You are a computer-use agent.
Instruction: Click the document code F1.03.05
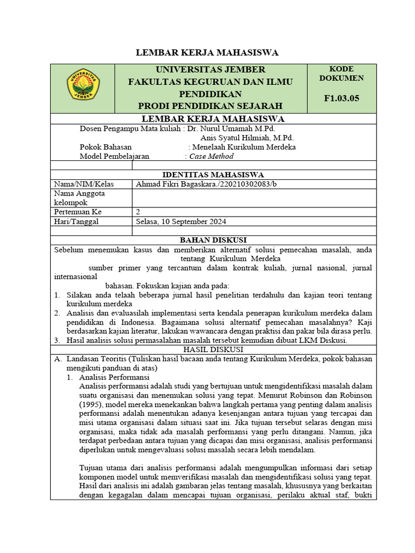[341, 98]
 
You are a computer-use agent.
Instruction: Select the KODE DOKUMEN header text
[341, 73]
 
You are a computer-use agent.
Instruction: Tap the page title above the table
[207, 52]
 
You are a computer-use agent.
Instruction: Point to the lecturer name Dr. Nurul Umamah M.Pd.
[231, 129]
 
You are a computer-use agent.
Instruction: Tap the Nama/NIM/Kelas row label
[76, 184]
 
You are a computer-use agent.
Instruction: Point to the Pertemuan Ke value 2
[138, 212]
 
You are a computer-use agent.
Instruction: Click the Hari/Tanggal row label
[76, 221]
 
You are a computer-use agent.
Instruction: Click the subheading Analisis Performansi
[114, 377]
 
